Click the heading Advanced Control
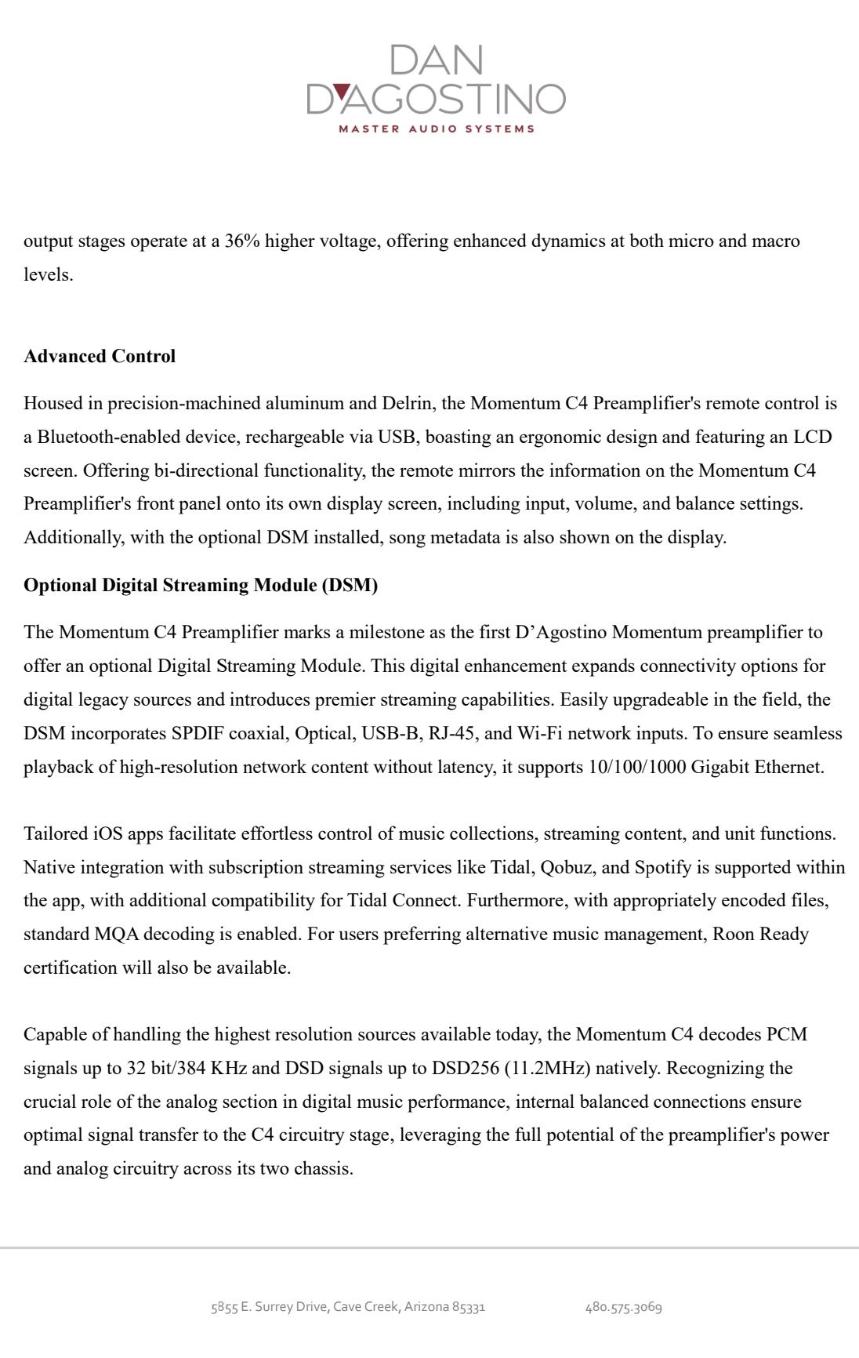point(100,357)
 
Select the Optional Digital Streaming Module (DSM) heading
point(201,586)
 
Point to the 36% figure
point(242,241)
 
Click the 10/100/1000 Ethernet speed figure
point(636,768)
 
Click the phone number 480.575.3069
point(624,1307)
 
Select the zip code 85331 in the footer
point(469,1307)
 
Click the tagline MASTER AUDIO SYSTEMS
point(437,129)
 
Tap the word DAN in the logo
point(436,60)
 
